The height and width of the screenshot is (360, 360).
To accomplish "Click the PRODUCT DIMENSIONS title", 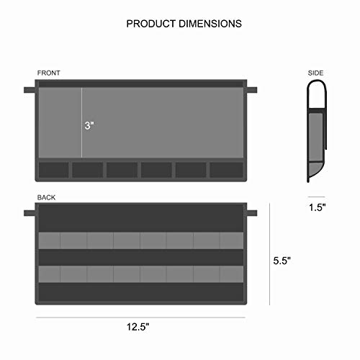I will tap(184, 24).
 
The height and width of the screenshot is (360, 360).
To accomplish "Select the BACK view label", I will tap(46, 197).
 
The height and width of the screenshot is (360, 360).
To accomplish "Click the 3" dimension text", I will tap(89, 125).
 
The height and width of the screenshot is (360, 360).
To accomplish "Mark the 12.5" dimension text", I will tap(141, 326).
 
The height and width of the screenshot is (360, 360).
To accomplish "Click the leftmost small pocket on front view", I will tap(53, 169).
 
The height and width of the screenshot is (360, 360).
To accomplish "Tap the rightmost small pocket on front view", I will tap(227, 169).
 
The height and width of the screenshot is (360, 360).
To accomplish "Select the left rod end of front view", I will tap(29, 90).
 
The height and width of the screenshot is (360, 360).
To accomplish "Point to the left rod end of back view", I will tap(29, 213).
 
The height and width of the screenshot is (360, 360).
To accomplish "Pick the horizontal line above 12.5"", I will tap(140, 316).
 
